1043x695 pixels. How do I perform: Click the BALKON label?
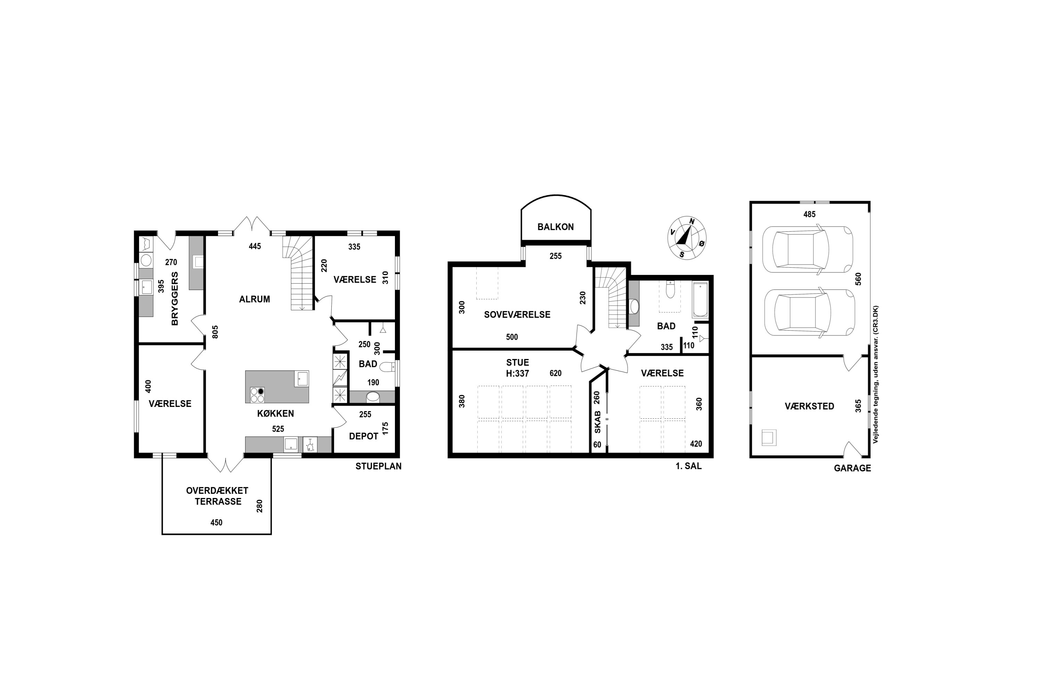555,227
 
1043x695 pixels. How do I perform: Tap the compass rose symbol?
687,238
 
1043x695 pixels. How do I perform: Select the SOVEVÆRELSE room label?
517,315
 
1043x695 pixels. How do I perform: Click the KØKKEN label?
275,414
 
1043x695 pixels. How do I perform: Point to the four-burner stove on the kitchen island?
258,395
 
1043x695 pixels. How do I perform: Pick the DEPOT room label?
364,436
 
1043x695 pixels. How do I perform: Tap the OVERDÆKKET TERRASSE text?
217,496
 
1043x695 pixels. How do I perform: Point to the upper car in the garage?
807,249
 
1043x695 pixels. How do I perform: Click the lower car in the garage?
809,313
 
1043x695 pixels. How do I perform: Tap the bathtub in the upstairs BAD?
700,299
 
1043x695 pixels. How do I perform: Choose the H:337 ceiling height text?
518,374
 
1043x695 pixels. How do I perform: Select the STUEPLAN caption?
378,466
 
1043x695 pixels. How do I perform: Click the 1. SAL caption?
688,466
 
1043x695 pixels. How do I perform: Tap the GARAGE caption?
852,468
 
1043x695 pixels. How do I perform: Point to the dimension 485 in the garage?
809,214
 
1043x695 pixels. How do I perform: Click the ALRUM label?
254,299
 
